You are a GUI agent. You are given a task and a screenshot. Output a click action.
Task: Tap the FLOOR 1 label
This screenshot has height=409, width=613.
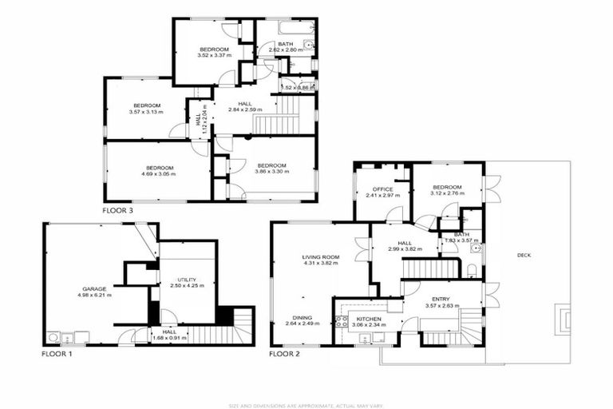click(x=57, y=353)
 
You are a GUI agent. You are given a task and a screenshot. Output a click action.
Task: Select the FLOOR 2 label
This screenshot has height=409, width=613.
click(x=284, y=353)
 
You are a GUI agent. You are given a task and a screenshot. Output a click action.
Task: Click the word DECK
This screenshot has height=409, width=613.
click(x=524, y=256)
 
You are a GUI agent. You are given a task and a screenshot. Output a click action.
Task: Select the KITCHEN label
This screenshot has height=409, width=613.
click(x=369, y=319)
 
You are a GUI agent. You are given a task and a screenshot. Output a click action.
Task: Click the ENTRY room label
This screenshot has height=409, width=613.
click(x=440, y=299)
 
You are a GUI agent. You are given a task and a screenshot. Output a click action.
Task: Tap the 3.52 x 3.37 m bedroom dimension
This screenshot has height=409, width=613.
click(x=215, y=56)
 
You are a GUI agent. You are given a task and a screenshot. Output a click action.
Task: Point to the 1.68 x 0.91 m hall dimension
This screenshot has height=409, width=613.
click(x=169, y=337)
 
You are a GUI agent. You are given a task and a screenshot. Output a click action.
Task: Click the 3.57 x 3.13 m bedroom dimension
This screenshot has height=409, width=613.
click(x=147, y=113)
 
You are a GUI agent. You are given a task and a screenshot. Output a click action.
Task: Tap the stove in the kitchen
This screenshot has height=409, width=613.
click(x=341, y=322)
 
